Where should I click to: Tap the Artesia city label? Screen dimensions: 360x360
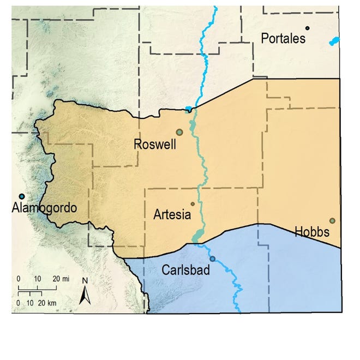[x=172, y=214]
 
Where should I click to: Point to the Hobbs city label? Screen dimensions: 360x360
[x=312, y=232]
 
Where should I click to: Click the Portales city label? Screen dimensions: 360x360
[x=284, y=39]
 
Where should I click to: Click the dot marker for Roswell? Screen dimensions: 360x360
[x=179, y=131]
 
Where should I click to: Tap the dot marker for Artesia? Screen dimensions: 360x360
[x=193, y=204]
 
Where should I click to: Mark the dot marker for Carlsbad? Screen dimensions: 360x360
[x=213, y=259]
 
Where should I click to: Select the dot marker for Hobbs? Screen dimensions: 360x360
[x=332, y=221]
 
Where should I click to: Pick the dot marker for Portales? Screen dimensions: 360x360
[x=308, y=28]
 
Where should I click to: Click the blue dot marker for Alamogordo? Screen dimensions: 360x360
[x=21, y=196]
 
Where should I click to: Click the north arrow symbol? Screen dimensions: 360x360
[x=85, y=296]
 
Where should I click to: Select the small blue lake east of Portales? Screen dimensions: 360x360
[x=334, y=41]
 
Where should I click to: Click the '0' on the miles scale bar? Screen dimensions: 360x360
[x=19, y=279]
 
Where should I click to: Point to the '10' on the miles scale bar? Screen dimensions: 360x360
[x=37, y=279]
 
